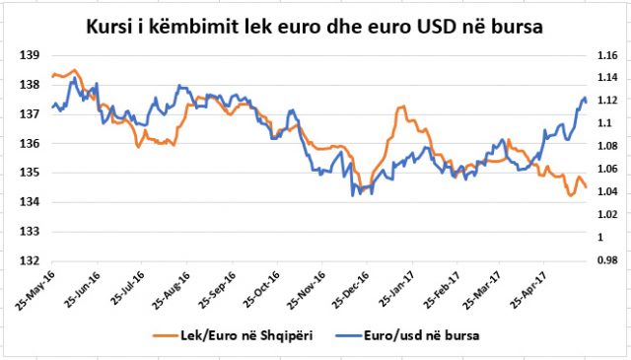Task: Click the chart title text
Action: click(x=315, y=22)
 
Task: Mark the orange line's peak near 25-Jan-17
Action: click(x=401, y=107)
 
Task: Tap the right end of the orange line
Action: click(x=587, y=186)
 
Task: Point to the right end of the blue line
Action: click(x=587, y=102)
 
